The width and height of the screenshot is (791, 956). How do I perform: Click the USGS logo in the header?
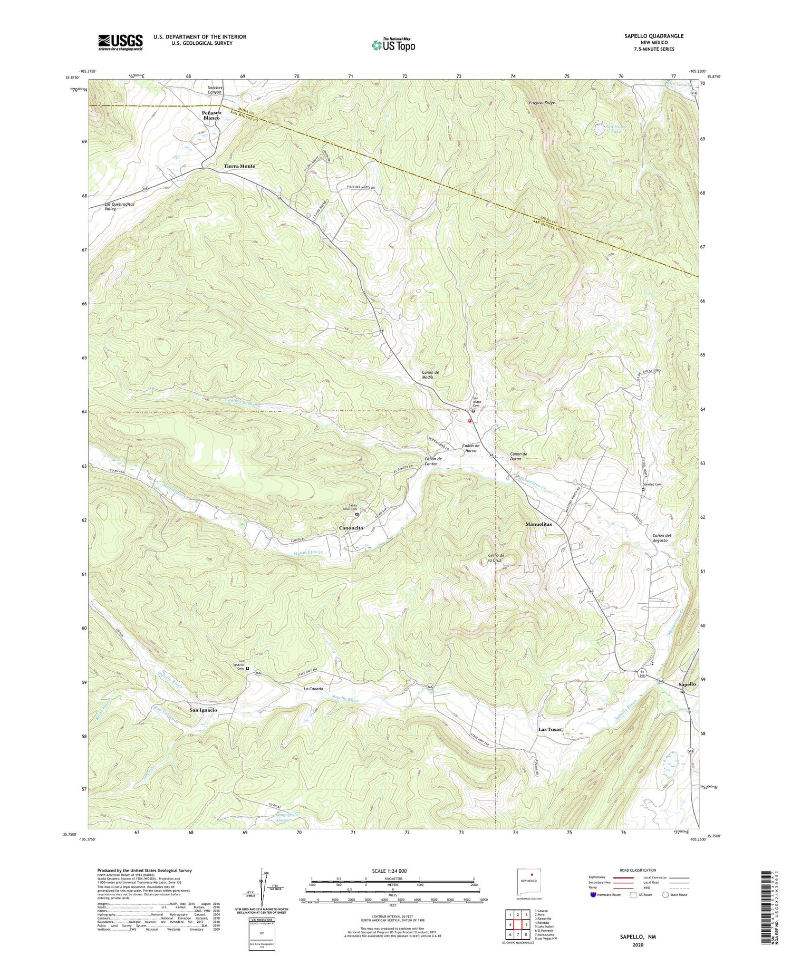tap(120, 42)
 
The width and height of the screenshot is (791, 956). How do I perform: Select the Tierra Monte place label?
tap(239, 166)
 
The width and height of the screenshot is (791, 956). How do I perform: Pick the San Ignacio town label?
tap(203, 710)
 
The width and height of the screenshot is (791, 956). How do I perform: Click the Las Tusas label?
tap(550, 730)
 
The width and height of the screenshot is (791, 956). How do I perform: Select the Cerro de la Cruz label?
tap(496, 558)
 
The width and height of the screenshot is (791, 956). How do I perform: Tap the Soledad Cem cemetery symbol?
tap(643, 489)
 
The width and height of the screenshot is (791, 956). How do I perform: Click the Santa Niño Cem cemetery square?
tap(356, 514)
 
